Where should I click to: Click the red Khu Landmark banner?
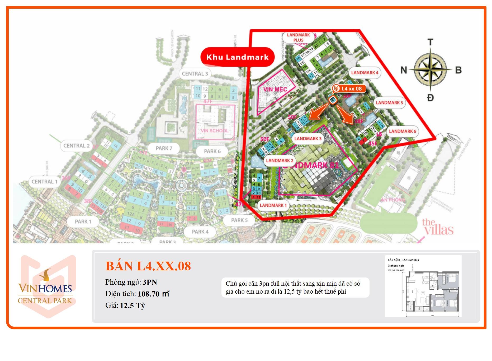point(237,57)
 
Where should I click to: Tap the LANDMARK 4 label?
point(365,73)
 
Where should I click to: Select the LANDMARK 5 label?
point(389,103)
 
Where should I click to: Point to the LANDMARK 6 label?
point(402,131)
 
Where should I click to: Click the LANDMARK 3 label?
point(308,138)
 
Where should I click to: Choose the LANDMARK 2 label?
point(280,160)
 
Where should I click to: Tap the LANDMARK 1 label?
point(273,205)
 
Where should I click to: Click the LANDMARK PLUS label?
point(298,38)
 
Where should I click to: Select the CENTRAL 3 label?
point(195,74)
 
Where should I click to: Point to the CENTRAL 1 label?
point(44,182)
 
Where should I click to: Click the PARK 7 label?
point(164,148)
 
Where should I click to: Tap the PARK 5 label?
point(239,220)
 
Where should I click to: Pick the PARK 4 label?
point(200,232)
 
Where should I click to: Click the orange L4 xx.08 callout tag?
point(349,89)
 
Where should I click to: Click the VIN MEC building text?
point(275,89)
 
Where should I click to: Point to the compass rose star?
point(430,70)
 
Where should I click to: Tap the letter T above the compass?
point(430,42)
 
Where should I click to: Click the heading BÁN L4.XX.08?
point(148,266)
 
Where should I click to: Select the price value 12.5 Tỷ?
point(133,306)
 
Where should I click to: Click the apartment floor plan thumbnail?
point(423,286)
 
